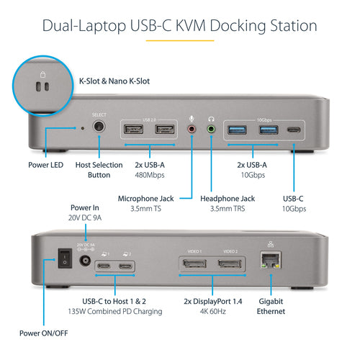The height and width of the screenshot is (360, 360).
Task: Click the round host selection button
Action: point(98,128)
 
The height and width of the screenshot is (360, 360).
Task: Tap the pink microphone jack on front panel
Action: point(192,130)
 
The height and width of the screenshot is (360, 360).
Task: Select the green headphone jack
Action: point(211,130)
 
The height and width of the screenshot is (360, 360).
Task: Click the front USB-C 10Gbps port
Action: point(294,130)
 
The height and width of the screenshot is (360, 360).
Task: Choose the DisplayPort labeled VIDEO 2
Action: point(230,269)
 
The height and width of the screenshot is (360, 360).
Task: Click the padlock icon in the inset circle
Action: point(41,73)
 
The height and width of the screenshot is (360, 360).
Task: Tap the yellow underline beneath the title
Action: point(179,41)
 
